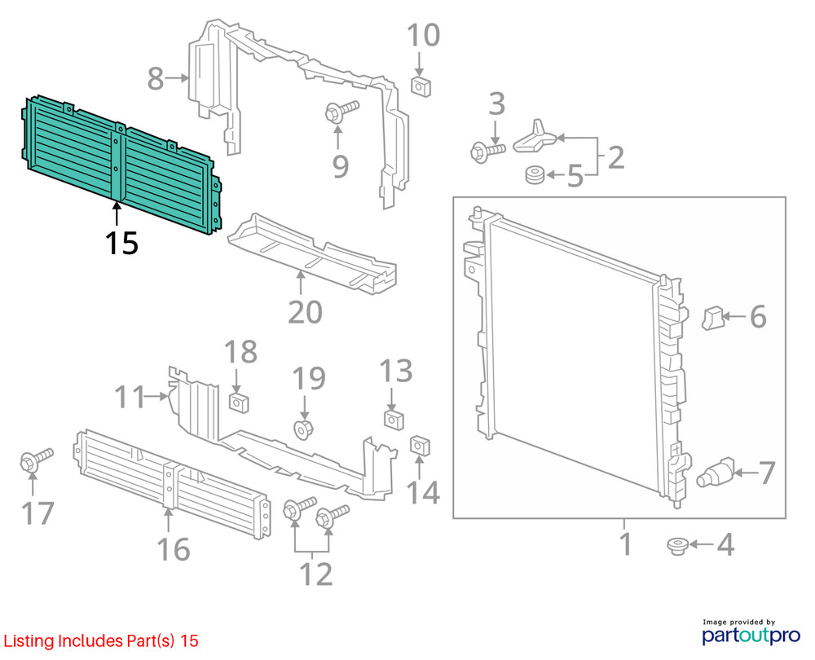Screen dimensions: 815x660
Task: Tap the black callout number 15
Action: click(x=121, y=243)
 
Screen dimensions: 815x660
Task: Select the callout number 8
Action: click(x=156, y=79)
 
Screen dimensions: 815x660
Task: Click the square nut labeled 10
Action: click(x=421, y=86)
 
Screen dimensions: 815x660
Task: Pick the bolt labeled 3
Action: click(x=487, y=152)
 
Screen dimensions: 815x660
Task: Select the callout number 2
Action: click(x=615, y=157)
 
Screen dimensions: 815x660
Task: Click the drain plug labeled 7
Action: click(x=716, y=473)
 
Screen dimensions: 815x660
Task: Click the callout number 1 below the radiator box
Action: click(x=626, y=543)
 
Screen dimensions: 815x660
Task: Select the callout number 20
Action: click(x=305, y=312)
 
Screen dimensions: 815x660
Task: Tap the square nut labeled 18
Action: click(x=239, y=403)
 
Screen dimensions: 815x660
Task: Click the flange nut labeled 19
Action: click(x=302, y=430)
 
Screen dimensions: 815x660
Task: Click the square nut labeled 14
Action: click(x=420, y=447)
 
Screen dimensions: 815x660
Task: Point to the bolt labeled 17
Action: click(x=36, y=460)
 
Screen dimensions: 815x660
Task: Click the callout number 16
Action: click(x=174, y=549)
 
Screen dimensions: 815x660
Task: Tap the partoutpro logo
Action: click(x=751, y=632)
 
